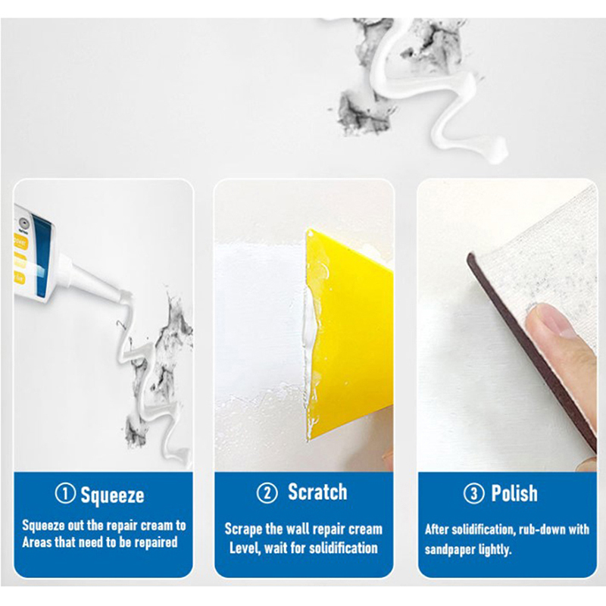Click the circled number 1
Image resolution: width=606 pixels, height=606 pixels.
coord(65,494)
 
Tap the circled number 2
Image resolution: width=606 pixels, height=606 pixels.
coord(267,493)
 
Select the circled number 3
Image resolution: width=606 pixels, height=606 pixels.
coord(473,494)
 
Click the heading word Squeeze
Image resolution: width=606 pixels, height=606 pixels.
coord(112,495)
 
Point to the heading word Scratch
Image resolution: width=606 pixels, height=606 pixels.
coord(317,492)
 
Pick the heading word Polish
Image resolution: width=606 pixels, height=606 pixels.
coord(514,493)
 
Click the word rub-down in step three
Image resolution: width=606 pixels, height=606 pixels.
coord(546,529)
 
